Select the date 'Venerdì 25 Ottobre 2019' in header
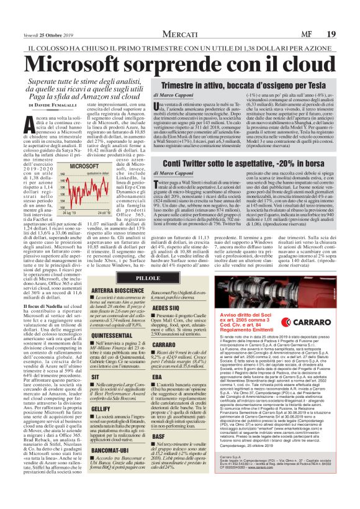click(46, 10)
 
